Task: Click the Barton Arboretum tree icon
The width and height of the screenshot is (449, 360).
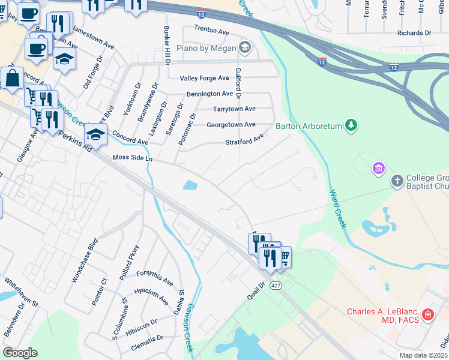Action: pyautogui.click(x=351, y=125)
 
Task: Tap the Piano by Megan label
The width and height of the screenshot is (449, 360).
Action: pyautogui.click(x=208, y=47)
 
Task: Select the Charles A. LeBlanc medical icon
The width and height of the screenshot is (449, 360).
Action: pyautogui.click(x=427, y=314)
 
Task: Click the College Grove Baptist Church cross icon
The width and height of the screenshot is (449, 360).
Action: pyautogui.click(x=397, y=181)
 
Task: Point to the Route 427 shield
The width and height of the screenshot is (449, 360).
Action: pyautogui.click(x=276, y=285)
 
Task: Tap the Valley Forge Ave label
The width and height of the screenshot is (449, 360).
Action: pyautogui.click(x=205, y=78)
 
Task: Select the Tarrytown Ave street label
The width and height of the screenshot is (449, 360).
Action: pyautogui.click(x=234, y=109)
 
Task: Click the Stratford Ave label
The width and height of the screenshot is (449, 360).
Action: pyautogui.click(x=244, y=142)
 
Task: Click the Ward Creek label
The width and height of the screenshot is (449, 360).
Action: pyautogui.click(x=337, y=208)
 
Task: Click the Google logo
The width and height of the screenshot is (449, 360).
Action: pyautogui.click(x=20, y=353)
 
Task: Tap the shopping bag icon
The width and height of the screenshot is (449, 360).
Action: pyautogui.click(x=12, y=79)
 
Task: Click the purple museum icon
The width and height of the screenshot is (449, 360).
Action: pyautogui.click(x=378, y=168)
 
